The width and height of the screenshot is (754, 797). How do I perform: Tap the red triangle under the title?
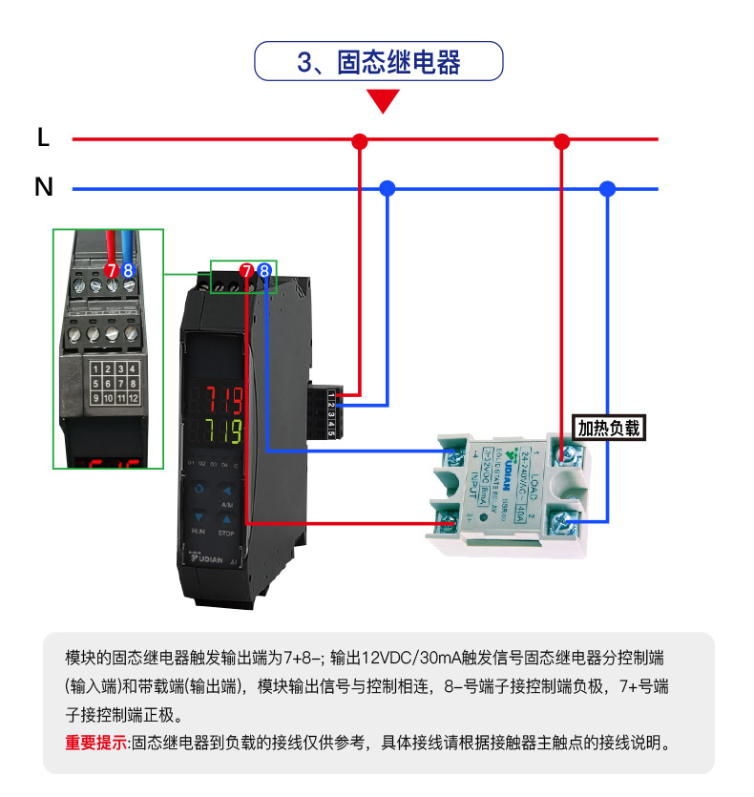coord(384,100)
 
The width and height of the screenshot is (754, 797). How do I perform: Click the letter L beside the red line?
coord(43,138)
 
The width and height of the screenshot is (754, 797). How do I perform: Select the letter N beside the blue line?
coord(43,187)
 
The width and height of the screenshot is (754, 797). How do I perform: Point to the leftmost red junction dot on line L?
coord(360,140)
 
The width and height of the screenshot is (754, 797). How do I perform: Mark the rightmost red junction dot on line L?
coord(561,140)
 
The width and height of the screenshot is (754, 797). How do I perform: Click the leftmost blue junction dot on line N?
coord(387,188)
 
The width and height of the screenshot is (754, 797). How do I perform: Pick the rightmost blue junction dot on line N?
coord(606,188)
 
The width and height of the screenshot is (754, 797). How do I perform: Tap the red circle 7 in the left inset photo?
coord(112,271)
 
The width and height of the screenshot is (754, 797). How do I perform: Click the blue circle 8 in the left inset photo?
coord(128,271)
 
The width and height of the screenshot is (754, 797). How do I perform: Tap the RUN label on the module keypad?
coord(199,530)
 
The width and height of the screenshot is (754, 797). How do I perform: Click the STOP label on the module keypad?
coord(226,532)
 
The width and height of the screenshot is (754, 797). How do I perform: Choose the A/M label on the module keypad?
coord(226,503)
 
